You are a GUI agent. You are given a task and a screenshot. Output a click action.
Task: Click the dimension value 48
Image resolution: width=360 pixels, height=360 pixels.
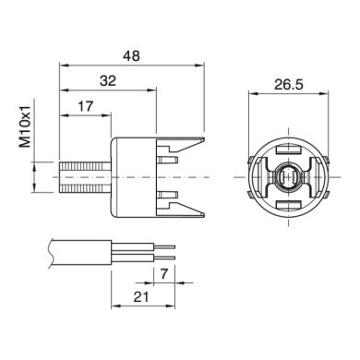(131, 55)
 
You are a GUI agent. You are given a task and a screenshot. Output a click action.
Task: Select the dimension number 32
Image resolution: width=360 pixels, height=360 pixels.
(108, 81)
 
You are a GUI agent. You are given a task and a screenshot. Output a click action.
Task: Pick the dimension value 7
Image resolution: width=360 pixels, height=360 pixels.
(162, 274)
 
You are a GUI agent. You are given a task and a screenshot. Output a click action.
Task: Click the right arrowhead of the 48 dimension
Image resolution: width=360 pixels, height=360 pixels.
(199, 66)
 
